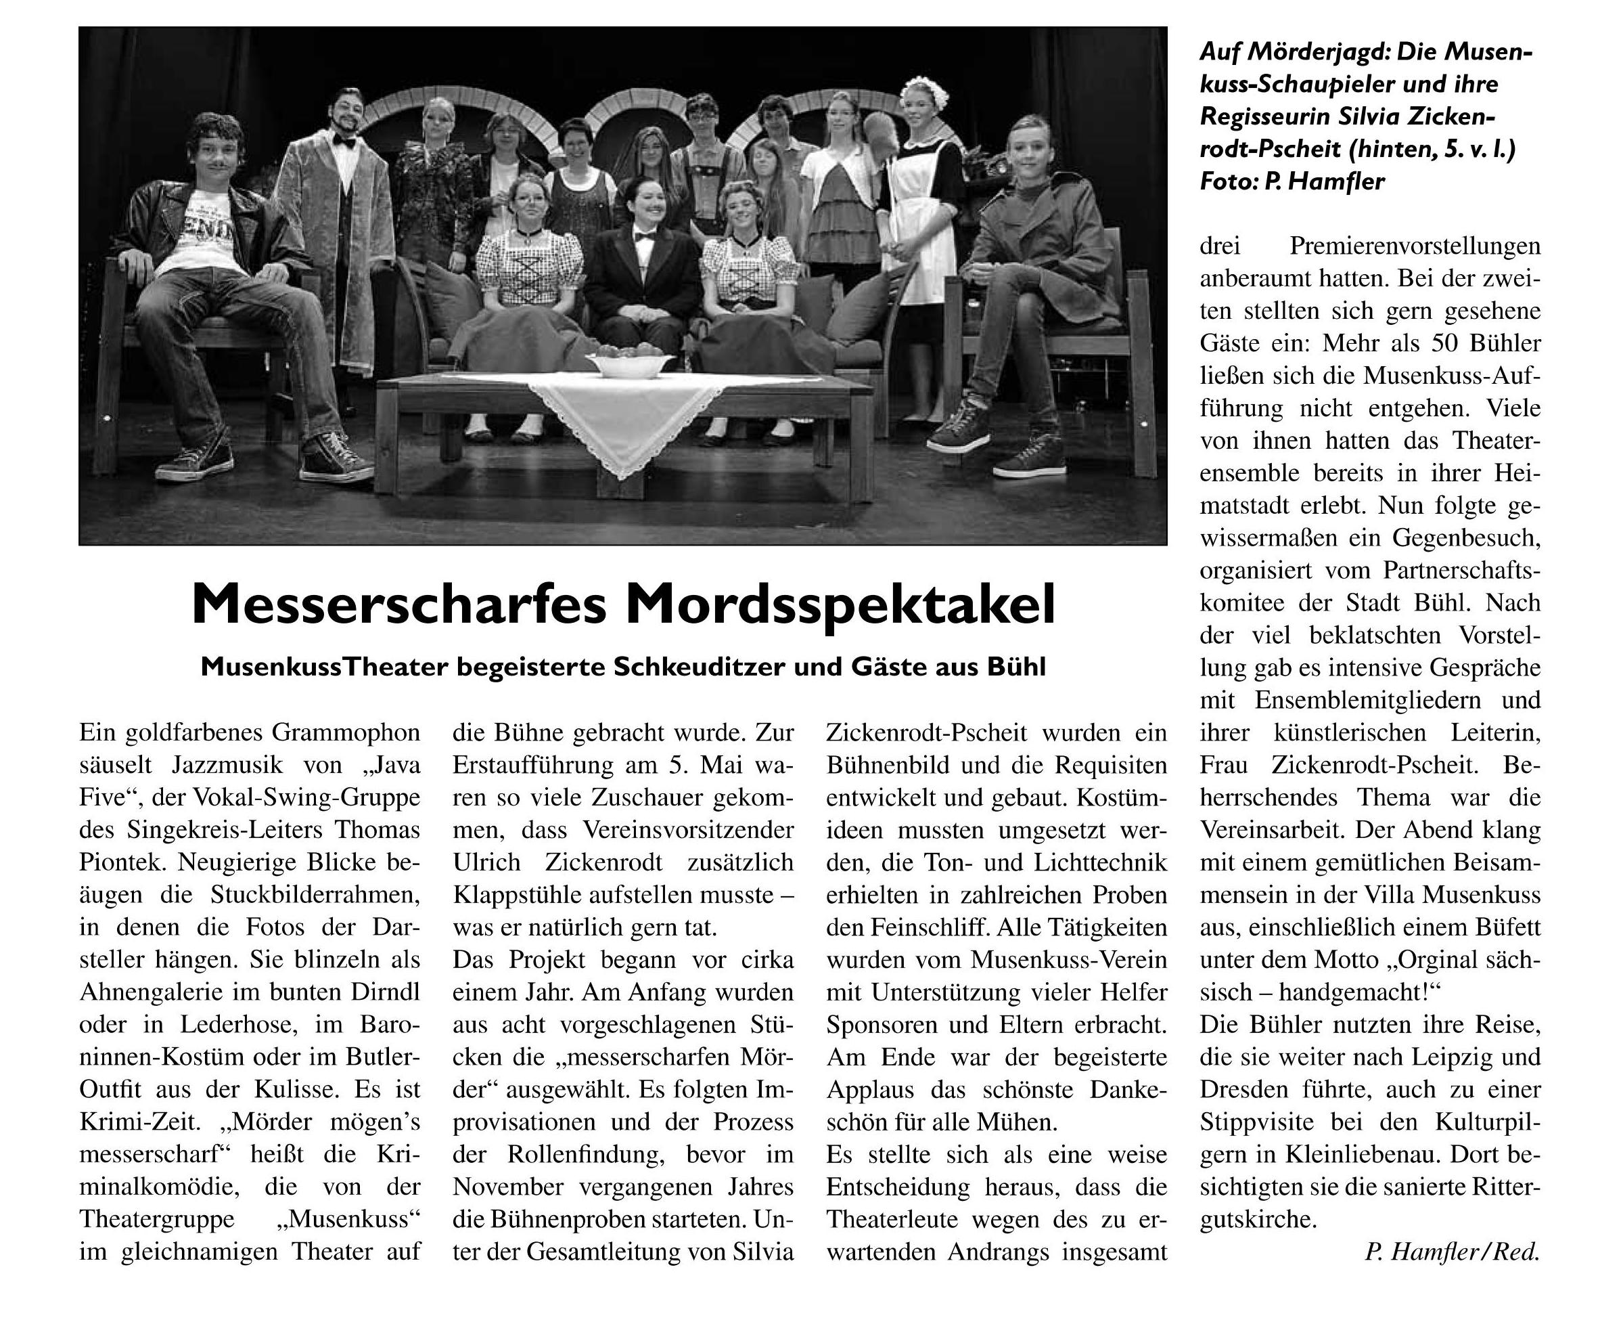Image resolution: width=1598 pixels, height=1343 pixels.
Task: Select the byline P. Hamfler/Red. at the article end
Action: (1452, 1252)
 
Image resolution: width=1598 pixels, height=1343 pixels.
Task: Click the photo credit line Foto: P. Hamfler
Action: (1292, 181)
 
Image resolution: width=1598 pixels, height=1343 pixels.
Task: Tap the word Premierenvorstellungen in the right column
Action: (1415, 246)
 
